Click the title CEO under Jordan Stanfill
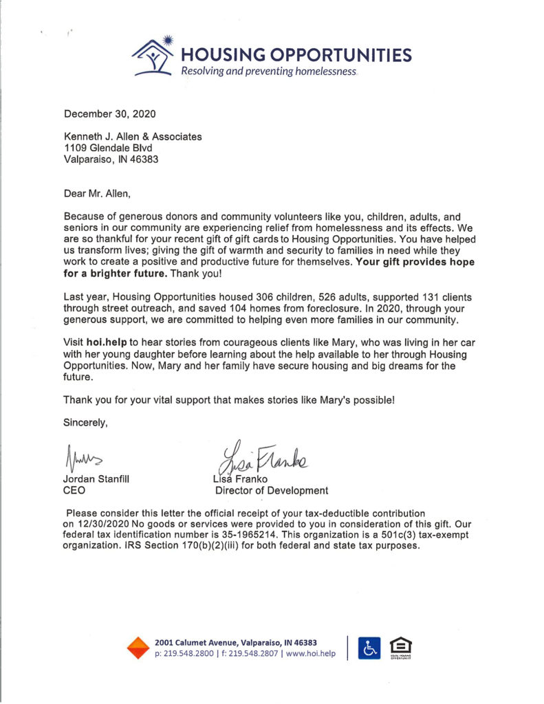(74, 491)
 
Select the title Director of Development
(272, 491)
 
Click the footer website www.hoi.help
(310, 654)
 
